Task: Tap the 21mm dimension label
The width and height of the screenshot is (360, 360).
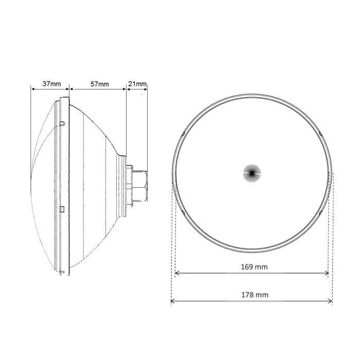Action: coord(138,83)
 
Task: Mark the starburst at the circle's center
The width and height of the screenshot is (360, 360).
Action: coord(252,173)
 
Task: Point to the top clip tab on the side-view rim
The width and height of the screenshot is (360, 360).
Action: coord(62,123)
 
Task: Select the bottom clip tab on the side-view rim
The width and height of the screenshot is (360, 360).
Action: coord(62,271)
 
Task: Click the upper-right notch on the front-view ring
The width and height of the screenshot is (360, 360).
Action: coord(319,135)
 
